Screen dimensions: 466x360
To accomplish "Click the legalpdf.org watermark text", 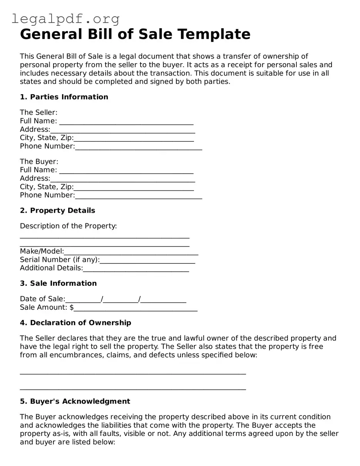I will coord(65,18).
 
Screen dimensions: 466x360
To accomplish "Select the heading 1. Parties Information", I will coord(64,97).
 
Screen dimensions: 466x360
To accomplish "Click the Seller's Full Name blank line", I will coord(126,122).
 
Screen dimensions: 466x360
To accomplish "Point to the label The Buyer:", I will coord(39,162).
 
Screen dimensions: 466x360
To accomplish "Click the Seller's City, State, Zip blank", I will coord(134,138).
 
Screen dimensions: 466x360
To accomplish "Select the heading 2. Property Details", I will coord(57,211).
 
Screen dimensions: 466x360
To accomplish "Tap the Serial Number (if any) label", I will coord(60,260).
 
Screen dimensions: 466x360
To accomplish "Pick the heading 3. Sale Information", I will coord(58,283).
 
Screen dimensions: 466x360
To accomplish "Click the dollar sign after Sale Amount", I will coord(72,307).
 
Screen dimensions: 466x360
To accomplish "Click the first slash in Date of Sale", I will coord(102,299).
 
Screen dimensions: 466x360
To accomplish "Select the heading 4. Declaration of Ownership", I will coord(75,323).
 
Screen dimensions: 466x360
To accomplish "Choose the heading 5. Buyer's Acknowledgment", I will coord(75,401).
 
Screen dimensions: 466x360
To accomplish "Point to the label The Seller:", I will coord(39,112).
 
